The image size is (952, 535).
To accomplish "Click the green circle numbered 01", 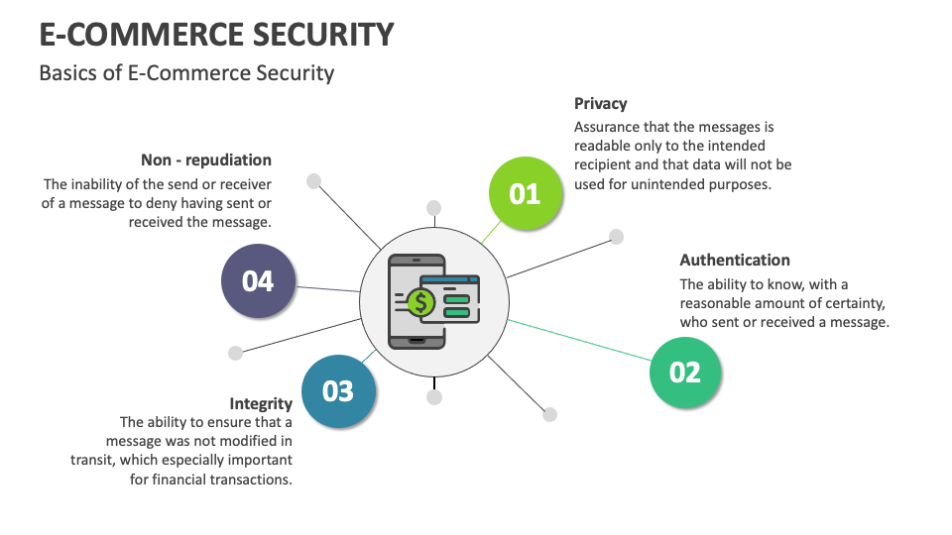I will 525,193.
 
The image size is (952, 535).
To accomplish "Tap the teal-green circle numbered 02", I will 684,372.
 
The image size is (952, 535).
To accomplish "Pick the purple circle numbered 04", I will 258,281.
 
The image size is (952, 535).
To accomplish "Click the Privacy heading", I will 601,103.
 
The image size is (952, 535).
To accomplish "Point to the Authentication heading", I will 735,261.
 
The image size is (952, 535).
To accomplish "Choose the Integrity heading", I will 261,403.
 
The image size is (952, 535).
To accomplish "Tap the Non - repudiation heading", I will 206,160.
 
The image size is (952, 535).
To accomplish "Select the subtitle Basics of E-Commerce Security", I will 186,73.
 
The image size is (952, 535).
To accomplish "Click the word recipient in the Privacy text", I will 605,164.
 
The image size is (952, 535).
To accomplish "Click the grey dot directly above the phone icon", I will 433,208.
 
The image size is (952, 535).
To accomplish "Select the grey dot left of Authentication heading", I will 616,237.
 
